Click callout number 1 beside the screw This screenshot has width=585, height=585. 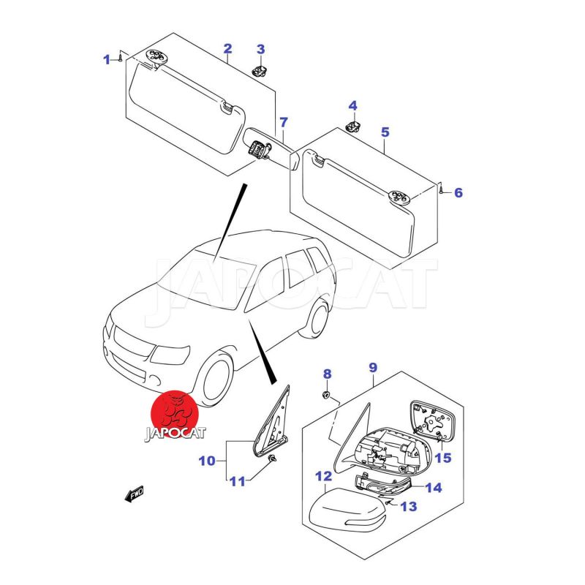pos(106,59)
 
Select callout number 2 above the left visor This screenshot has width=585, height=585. pos(227,49)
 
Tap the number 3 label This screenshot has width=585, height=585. pos(260,49)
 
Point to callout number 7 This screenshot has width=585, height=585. pos(283,121)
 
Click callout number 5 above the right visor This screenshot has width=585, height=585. pos(385,132)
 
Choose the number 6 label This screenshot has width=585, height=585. pos(458,193)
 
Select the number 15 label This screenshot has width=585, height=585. pos(444,458)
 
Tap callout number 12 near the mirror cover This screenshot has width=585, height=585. pos(323,477)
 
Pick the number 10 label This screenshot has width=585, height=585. pos(207,461)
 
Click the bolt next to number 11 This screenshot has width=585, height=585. pos(272,458)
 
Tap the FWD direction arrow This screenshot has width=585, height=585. pos(134,496)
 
